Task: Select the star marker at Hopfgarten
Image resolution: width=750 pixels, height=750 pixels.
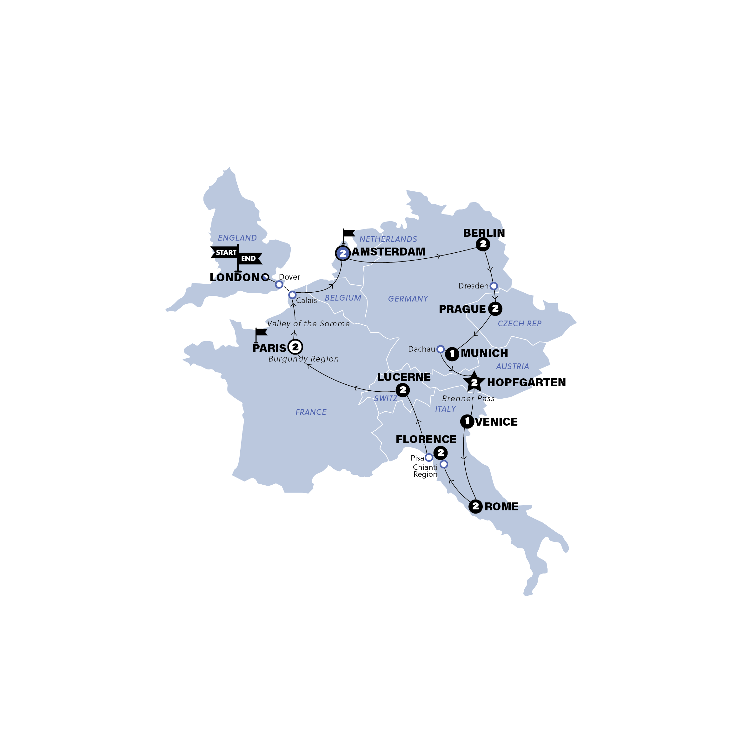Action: pos(474,382)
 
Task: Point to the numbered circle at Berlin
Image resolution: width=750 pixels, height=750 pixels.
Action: pos(483,244)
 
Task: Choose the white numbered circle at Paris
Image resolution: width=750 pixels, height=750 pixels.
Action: pos(295,347)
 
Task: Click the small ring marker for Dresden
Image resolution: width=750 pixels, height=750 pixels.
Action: pos(494,286)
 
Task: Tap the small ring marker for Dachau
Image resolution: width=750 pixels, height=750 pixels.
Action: pos(440,349)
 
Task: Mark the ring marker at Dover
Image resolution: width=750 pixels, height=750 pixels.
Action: pos(279,285)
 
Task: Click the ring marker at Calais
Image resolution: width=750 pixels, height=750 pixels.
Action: pos(292,295)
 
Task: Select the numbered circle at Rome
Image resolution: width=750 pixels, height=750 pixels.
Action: pos(475,506)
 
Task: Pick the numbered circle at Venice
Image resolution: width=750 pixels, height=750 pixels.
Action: pos(467,421)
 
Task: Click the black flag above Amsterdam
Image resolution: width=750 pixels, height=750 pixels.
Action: pos(348,233)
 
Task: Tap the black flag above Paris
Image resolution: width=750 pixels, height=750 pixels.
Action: pos(261,332)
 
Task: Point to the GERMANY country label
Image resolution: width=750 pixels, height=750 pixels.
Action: pos(408,299)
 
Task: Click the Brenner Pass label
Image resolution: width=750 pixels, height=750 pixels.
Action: pos(468,399)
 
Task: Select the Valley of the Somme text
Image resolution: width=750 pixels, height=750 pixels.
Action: pos(308,323)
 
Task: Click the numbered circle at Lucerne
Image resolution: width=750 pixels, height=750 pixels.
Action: pos(402,390)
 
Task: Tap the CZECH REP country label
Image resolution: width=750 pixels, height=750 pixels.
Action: pos(519,323)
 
